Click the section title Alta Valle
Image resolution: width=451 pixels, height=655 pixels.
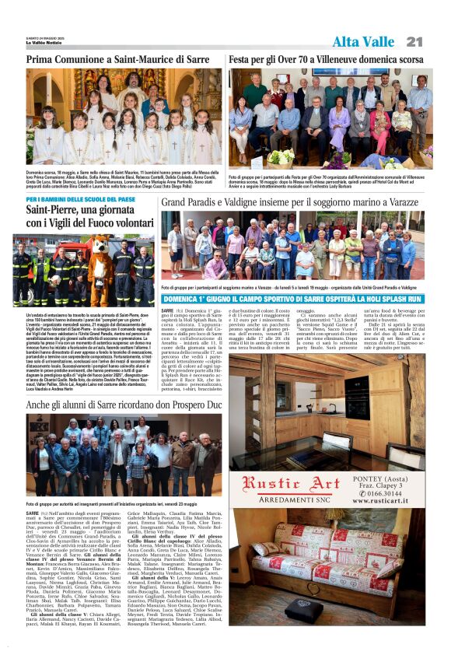click(363, 41)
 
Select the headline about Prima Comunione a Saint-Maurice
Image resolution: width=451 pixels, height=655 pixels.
click(117, 59)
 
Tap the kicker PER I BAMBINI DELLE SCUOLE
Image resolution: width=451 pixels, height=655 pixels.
click(80, 200)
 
